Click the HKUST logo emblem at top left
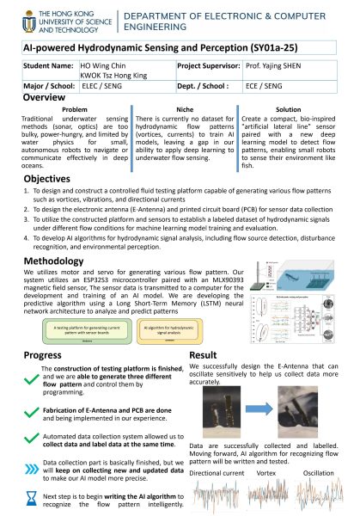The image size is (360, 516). click(15, 18)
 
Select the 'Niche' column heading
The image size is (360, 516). click(179, 110)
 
